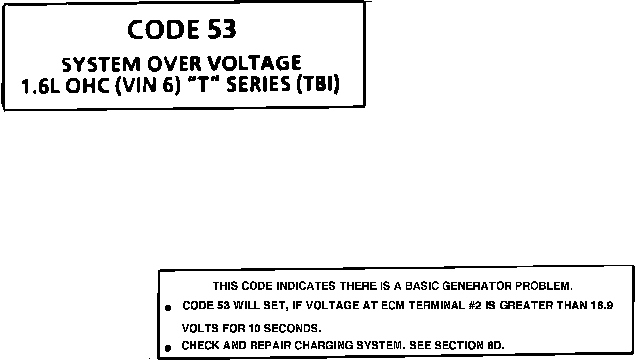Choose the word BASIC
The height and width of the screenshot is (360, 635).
[x=422, y=286]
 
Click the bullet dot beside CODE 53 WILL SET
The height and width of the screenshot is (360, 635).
[x=168, y=308]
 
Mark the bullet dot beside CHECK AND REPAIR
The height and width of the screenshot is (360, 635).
[x=168, y=348]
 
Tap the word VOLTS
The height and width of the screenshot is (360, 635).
[x=197, y=329]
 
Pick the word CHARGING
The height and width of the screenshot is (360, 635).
[x=320, y=346]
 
